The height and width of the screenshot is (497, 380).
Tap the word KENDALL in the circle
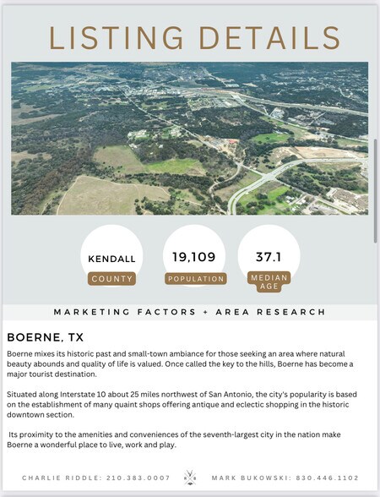coord(111,258)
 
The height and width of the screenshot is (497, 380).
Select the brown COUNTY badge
coord(111,278)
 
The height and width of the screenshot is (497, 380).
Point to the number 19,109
coord(195,257)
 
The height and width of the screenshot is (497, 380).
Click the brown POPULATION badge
coord(196,278)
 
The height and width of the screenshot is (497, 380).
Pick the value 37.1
coord(269,255)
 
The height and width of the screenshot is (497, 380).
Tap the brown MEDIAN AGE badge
coord(269,281)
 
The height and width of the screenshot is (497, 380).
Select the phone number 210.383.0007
coord(138,478)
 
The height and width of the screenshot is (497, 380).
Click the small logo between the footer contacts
coord(190,478)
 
